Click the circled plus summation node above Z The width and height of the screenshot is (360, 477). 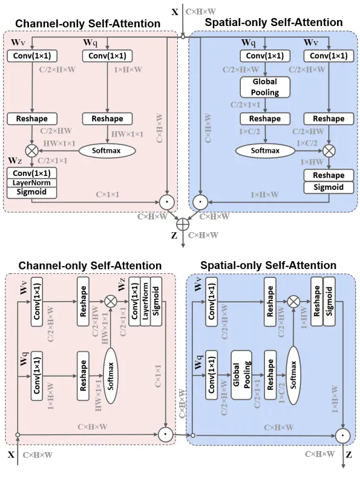pos(183,224)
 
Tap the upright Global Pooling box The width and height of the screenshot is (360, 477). pos(265,87)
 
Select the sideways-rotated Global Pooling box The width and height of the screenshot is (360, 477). pos(241,375)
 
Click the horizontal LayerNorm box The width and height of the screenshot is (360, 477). pos(31,183)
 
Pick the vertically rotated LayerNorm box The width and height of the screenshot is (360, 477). pos(145,302)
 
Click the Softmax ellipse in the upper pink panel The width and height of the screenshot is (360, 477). pos(107,151)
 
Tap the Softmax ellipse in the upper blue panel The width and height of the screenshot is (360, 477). pos(265,151)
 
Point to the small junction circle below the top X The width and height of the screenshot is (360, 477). pos(183,37)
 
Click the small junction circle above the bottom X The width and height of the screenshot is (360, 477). pos(18,435)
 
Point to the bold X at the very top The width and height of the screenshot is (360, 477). pos(175,12)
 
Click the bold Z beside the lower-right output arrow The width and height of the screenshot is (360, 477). pos(349,455)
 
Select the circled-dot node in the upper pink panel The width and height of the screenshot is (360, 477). pos(167,202)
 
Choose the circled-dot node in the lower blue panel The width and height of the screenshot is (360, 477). pos(343,436)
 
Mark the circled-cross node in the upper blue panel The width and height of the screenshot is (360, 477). pos(329,151)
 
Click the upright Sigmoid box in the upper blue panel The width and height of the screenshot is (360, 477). pos(329,187)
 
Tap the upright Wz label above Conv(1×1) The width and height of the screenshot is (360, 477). pos(15,160)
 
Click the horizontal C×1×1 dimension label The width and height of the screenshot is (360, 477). pos(108,195)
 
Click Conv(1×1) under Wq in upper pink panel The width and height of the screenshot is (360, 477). pos(107,56)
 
